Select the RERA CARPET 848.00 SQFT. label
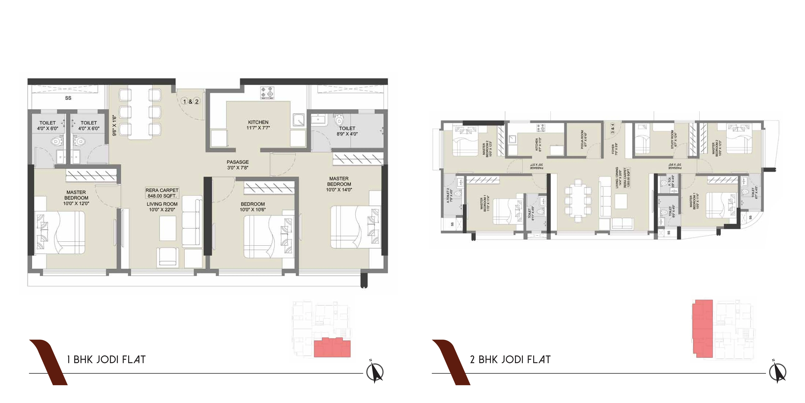(x=162, y=193)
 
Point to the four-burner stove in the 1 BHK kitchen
(x=267, y=93)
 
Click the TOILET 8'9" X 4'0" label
(x=347, y=131)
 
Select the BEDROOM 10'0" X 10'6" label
(x=252, y=207)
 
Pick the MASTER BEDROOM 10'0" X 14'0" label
(x=339, y=184)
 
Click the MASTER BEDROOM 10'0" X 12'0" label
(x=76, y=198)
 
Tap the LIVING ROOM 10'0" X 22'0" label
(x=162, y=207)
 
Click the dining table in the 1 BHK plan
(x=140, y=112)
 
